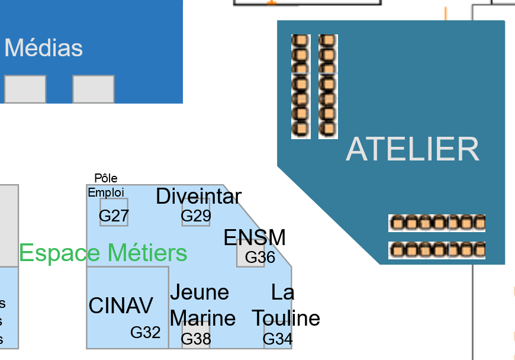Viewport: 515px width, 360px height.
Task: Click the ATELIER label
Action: pyautogui.click(x=413, y=149)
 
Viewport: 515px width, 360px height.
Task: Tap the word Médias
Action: pyautogui.click(x=44, y=48)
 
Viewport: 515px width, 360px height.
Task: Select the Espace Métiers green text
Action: pyautogui.click(x=103, y=253)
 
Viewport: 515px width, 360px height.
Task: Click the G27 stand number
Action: pyautogui.click(x=114, y=216)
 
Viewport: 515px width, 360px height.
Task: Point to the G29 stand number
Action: pyautogui.click(x=196, y=216)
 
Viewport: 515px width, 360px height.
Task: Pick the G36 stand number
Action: pyautogui.click(x=260, y=258)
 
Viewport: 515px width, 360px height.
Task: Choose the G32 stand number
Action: pyautogui.click(x=146, y=333)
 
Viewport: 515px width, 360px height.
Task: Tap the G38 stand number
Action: pyautogui.click(x=196, y=339)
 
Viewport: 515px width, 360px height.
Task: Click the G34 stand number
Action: pyautogui.click(x=278, y=339)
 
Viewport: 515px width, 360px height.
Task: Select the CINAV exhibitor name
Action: pyautogui.click(x=121, y=306)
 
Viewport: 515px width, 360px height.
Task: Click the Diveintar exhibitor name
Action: pyautogui.click(x=198, y=196)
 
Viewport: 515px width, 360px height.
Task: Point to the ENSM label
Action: pyautogui.click(x=255, y=237)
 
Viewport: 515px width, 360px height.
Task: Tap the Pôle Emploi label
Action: pyautogui.click(x=106, y=185)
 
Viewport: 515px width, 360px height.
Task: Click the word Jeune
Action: pyautogui.click(x=199, y=292)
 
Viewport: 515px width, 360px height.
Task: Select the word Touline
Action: pyautogui.click(x=287, y=319)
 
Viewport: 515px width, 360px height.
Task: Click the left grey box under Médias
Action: pyautogui.click(x=25, y=89)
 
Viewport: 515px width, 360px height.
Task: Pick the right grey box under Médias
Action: pyautogui.click(x=94, y=89)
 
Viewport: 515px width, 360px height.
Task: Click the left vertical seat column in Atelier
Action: pyautogui.click(x=301, y=86)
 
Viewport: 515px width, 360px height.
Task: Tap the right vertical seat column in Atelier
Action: pyautogui.click(x=328, y=86)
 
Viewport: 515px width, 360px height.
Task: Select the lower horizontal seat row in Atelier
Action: pyautogui.click(x=437, y=250)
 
